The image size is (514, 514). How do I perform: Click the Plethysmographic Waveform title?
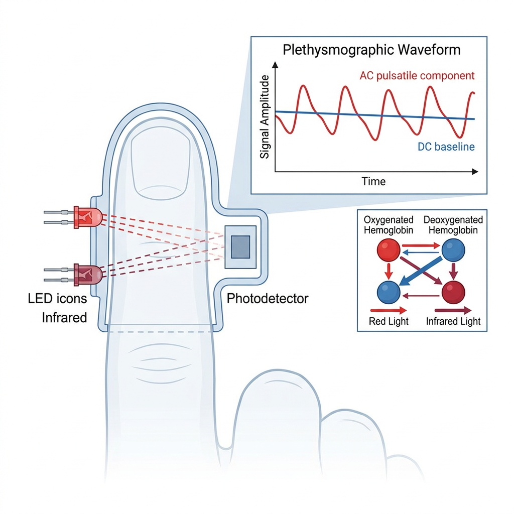tap(371, 50)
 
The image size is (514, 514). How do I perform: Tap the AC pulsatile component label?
tap(417, 76)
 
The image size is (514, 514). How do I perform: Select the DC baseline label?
tap(446, 147)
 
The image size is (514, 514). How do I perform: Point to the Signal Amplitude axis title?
tap(265, 116)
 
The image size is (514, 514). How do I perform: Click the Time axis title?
tap(373, 181)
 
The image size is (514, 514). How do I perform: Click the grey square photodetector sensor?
tap(240, 247)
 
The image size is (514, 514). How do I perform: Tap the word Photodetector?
tap(268, 299)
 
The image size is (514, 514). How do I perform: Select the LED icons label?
tap(57, 299)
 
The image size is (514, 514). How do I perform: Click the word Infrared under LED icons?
tap(64, 318)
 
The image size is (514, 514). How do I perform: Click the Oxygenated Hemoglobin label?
tap(389, 225)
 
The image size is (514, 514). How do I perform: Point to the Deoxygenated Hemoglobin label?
tap(453, 225)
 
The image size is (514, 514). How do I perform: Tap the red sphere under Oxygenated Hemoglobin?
tap(389, 250)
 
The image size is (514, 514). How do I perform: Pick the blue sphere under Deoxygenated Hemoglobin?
tap(453, 250)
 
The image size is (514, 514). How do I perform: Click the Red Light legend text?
tap(389, 321)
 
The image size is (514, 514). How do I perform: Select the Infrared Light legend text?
tap(453, 321)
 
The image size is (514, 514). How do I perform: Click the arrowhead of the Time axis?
tap(475, 172)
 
